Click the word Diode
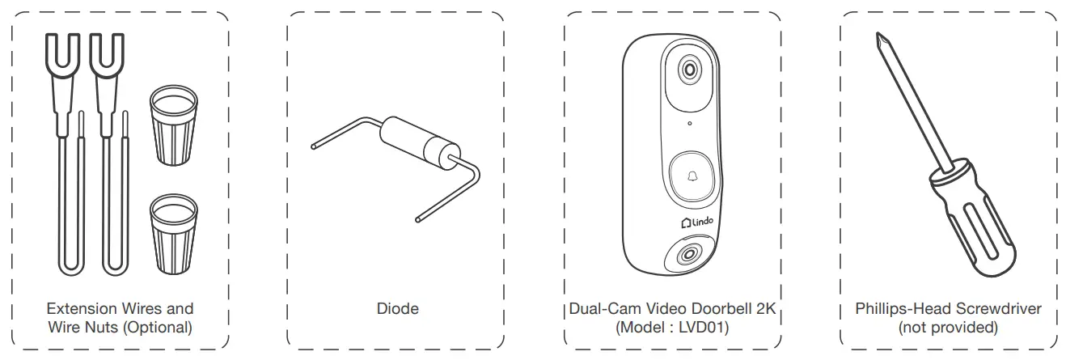tap(397, 308)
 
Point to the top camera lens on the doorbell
tap(688, 70)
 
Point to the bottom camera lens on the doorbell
tap(688, 254)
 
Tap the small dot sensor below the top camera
tap(688, 123)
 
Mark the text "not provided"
tap(948, 327)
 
